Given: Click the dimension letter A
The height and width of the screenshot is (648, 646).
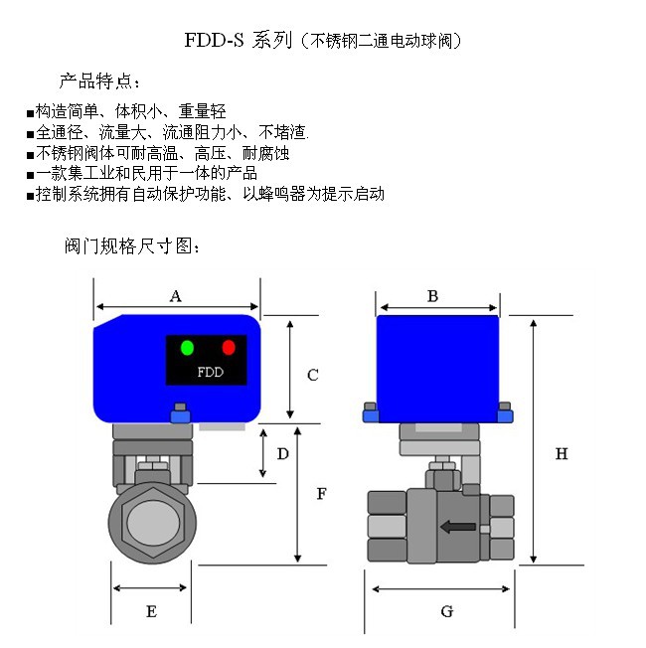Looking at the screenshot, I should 176,295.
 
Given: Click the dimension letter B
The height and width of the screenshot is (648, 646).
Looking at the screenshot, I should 432,295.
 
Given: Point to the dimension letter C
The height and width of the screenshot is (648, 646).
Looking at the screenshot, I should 312,375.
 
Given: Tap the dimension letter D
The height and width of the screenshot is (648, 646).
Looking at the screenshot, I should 282,453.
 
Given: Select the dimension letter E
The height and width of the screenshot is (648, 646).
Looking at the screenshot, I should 151,612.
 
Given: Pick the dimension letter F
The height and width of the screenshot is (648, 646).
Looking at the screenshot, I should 321,493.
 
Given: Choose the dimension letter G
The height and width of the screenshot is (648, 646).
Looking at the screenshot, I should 446,611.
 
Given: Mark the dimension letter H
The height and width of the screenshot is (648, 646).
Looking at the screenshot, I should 562,454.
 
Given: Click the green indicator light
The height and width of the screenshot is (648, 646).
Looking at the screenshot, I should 187,347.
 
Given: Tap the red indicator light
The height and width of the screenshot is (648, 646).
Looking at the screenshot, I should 229,347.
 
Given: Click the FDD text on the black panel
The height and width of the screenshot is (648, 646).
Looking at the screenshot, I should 210,374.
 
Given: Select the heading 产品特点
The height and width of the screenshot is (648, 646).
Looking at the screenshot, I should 100,81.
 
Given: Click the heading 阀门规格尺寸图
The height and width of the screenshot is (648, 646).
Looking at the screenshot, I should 132,245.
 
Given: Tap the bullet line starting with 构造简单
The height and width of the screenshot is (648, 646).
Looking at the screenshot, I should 129,112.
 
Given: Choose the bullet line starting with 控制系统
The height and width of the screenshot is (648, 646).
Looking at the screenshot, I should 208,194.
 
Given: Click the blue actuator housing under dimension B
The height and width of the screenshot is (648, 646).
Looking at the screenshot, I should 437,363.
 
